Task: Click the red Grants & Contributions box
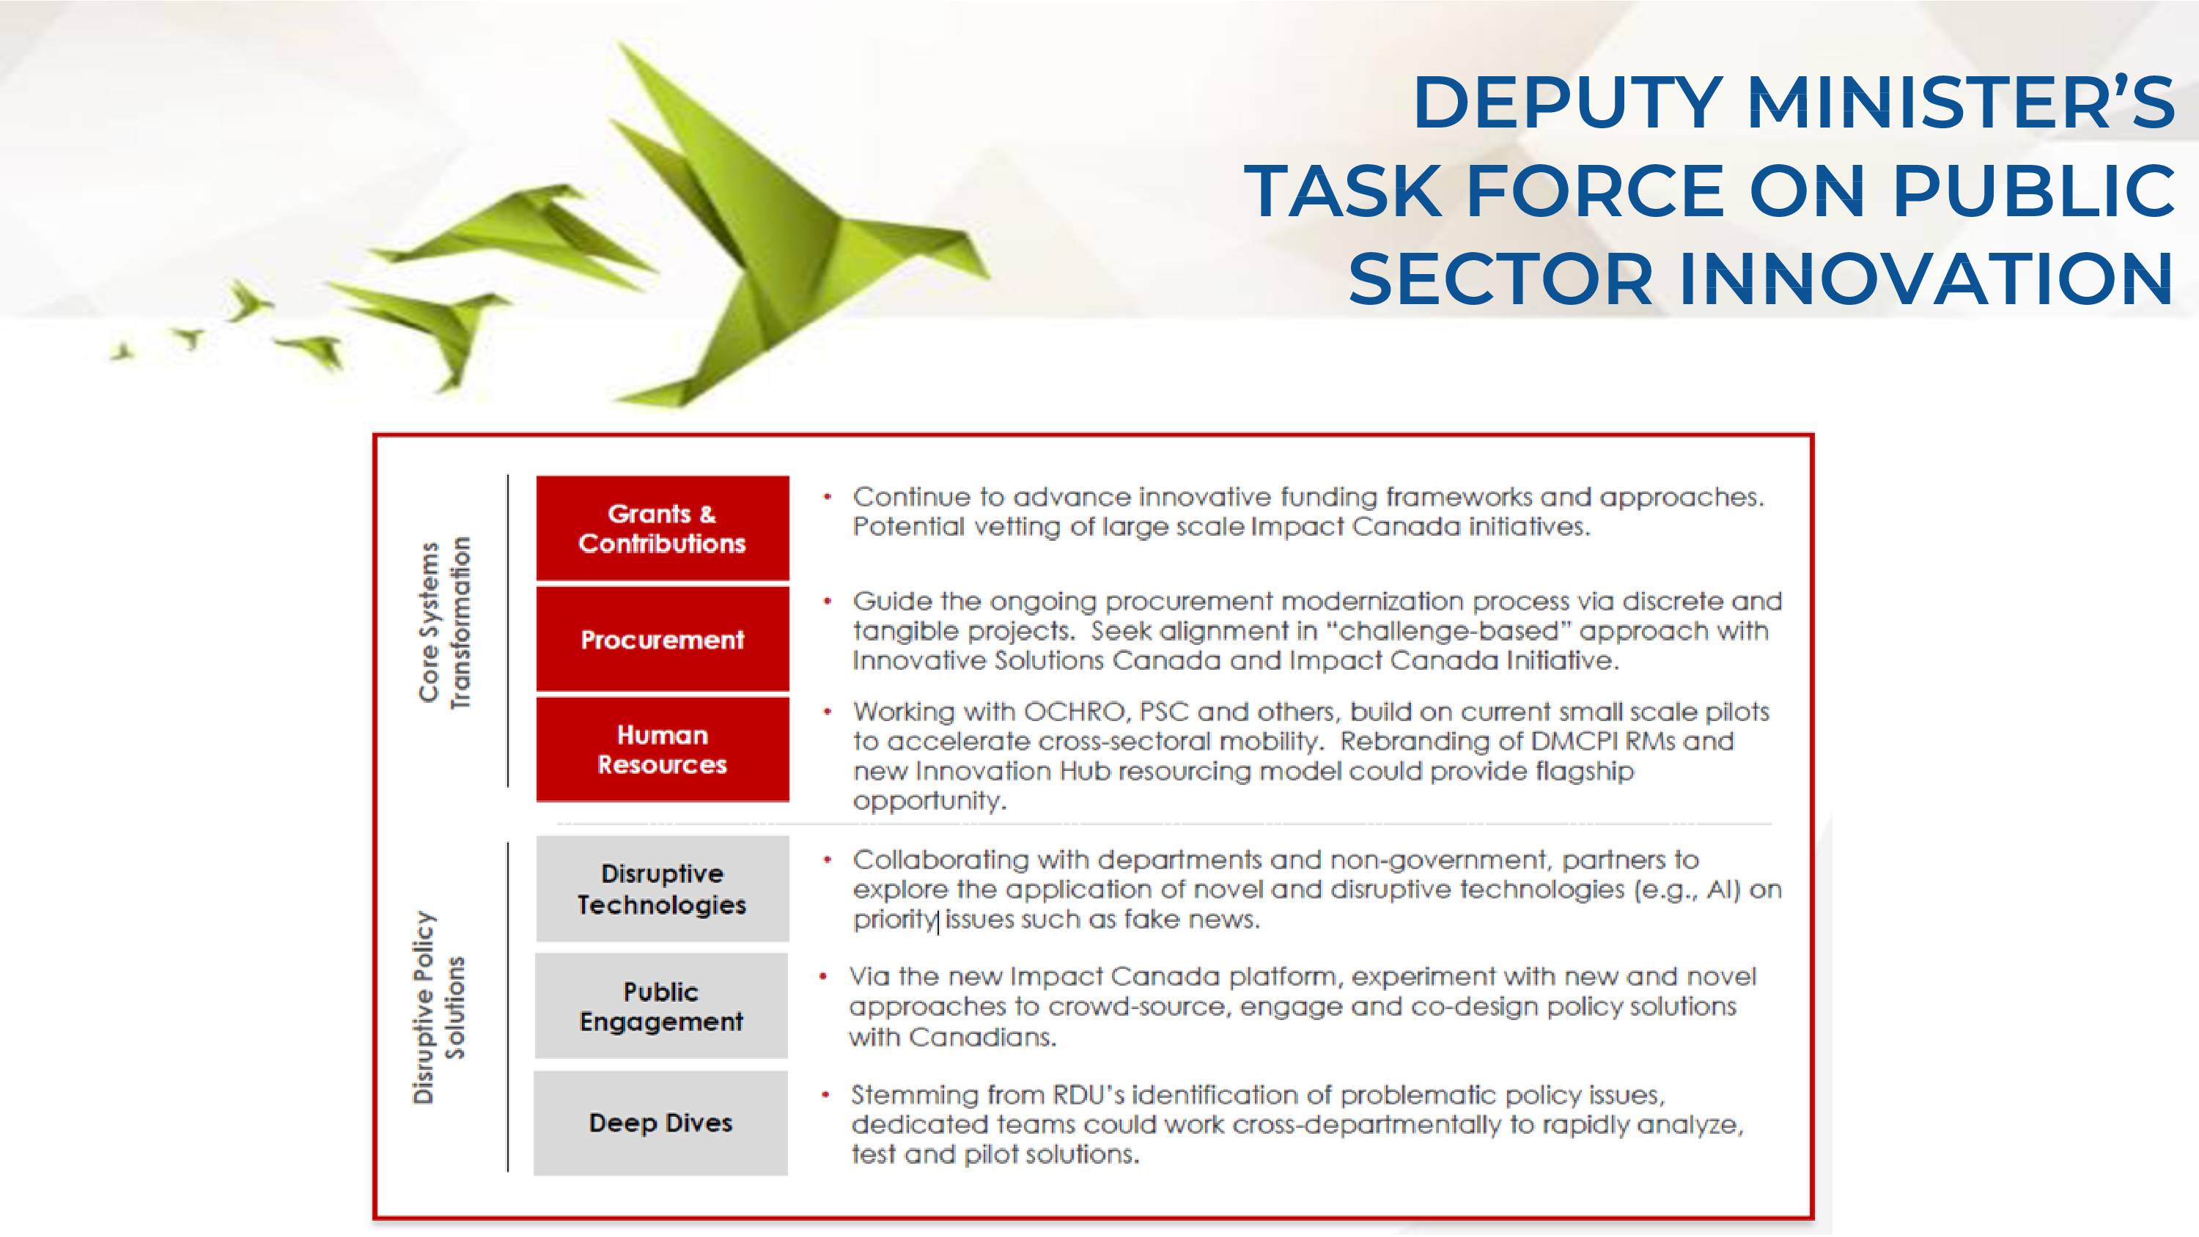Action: point(663,528)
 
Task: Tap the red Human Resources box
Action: point(663,750)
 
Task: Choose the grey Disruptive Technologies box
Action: point(663,889)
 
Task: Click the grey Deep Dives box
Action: point(660,1123)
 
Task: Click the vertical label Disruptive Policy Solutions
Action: point(439,1008)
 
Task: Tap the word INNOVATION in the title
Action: point(1926,279)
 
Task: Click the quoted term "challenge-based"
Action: point(1448,631)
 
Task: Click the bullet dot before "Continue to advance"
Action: point(826,497)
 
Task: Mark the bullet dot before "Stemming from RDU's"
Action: point(825,1093)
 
